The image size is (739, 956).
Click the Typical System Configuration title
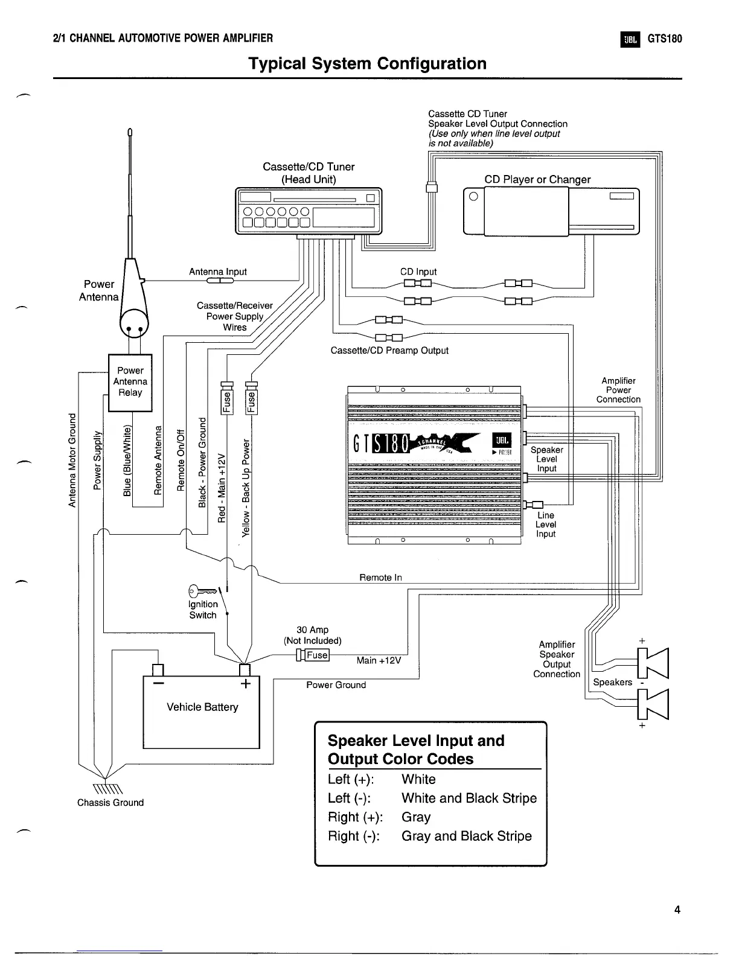click(x=368, y=63)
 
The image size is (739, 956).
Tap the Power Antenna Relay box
click(x=130, y=382)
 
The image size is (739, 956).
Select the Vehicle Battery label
click(x=202, y=707)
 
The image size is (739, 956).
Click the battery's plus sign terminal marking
click(x=246, y=684)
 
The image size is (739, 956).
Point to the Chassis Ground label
click(x=110, y=802)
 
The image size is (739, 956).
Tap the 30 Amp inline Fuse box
click(x=316, y=655)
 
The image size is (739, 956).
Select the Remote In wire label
click(x=380, y=578)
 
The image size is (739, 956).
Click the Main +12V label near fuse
click(x=379, y=660)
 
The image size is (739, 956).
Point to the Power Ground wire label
click(x=336, y=685)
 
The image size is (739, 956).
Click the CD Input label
click(x=418, y=272)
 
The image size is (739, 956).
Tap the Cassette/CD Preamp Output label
click(x=389, y=350)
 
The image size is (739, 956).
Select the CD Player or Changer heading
click(x=537, y=179)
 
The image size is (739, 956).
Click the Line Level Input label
click(x=545, y=524)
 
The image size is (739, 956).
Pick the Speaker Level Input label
click(x=546, y=459)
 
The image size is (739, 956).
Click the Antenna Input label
click(x=218, y=272)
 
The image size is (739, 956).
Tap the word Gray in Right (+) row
click(x=416, y=817)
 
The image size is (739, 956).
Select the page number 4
click(x=677, y=910)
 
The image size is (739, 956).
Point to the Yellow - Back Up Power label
click(x=246, y=489)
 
